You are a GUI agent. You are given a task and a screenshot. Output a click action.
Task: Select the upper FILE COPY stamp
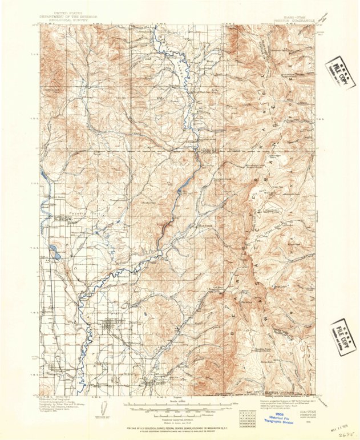coord(340,73)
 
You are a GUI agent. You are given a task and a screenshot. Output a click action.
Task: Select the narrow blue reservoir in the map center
coord(184,188)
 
